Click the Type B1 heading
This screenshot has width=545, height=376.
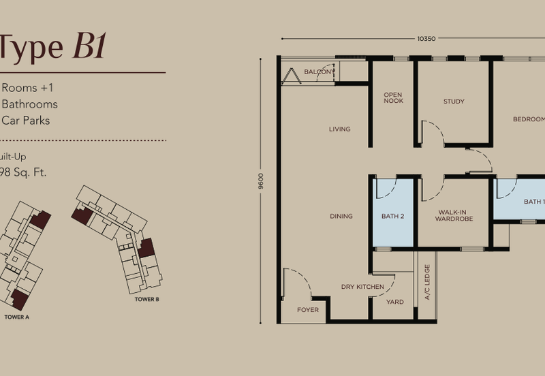(51, 47)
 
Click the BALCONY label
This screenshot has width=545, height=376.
(319, 72)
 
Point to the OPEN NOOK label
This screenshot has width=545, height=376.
(393, 98)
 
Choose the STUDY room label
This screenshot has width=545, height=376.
(454, 101)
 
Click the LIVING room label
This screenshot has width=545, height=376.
(339, 129)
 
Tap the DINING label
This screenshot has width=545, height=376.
(341, 216)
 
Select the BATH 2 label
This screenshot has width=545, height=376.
(393, 216)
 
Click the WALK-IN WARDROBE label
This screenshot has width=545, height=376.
(454, 216)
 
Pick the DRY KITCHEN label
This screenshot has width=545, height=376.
(362, 287)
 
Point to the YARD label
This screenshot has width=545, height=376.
(394, 302)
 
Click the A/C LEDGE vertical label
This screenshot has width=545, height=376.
(427, 281)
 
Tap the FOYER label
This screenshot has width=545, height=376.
(308, 309)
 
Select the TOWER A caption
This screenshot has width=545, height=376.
(16, 317)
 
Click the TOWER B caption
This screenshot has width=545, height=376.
(146, 299)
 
